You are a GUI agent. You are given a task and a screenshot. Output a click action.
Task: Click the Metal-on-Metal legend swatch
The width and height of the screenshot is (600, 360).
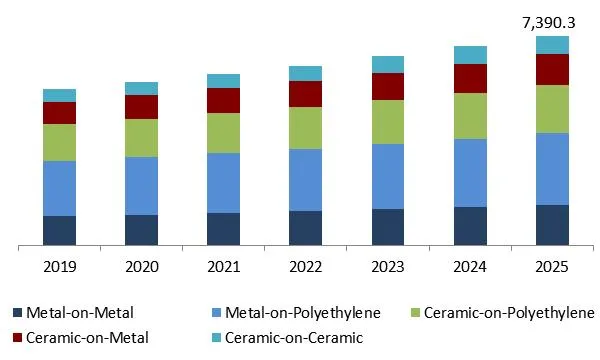[x=18, y=313]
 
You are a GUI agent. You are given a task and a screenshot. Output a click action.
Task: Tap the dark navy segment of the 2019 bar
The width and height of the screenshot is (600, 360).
[x=59, y=230]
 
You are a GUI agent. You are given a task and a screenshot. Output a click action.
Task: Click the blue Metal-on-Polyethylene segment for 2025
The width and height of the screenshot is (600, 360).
[x=552, y=168]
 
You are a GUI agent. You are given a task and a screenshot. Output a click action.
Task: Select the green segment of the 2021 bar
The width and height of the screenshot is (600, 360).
[x=223, y=133]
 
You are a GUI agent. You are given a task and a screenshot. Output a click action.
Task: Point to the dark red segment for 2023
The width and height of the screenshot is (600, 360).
[x=388, y=86]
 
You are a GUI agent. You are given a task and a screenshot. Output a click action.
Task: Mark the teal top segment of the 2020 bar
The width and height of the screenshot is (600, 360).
[x=141, y=88]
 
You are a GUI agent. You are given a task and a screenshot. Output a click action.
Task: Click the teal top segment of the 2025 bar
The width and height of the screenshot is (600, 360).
[x=552, y=44]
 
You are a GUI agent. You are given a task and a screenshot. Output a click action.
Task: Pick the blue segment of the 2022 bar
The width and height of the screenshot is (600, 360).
[x=305, y=180]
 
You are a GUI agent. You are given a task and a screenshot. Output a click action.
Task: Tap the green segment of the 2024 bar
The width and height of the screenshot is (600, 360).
[x=470, y=116]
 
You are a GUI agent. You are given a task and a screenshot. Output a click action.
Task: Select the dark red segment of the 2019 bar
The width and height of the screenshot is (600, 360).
[x=59, y=113]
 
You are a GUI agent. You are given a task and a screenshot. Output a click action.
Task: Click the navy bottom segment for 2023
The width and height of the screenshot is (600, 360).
[x=388, y=226]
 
